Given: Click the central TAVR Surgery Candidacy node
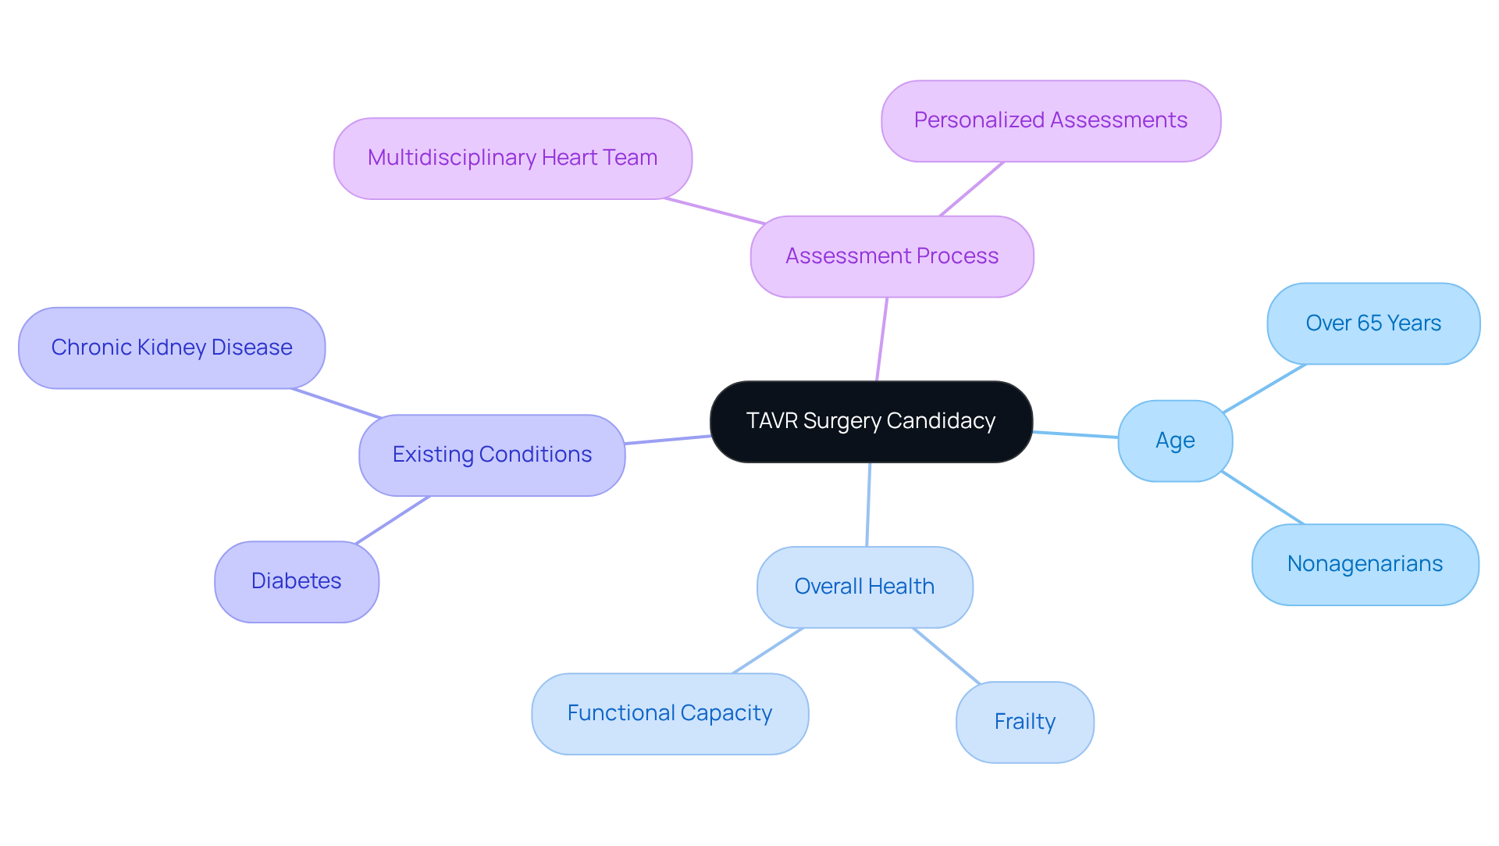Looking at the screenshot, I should click(x=871, y=422).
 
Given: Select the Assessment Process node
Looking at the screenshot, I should click(x=892, y=256).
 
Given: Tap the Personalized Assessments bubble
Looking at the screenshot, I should click(x=1050, y=120).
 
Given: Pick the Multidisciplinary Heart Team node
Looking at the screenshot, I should click(x=512, y=158).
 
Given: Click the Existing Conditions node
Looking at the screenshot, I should click(x=492, y=455).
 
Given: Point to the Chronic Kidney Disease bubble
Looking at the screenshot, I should click(x=171, y=348).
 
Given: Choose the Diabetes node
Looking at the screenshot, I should click(x=296, y=581).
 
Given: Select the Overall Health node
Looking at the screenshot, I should click(x=864, y=587).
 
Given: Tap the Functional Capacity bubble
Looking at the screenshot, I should click(x=669, y=713).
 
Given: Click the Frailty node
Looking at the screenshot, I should click(x=1024, y=722).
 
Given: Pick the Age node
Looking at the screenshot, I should click(x=1174, y=441).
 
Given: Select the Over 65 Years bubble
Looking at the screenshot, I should click(x=1373, y=323).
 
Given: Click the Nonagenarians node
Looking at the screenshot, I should click(x=1364, y=564).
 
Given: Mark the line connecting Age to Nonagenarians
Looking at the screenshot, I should click(x=1262, y=498).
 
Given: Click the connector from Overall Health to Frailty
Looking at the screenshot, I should click(x=946, y=656).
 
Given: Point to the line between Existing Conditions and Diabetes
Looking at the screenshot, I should click(x=393, y=519).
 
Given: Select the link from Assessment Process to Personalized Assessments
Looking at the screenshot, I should click(x=971, y=189).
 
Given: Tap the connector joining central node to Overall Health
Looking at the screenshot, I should click(x=868, y=505).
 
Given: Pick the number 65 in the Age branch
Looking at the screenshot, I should click(x=1369, y=323).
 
